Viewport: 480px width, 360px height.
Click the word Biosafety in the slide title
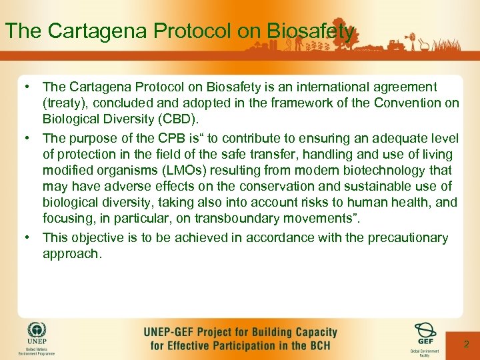pyautogui.click(x=310, y=31)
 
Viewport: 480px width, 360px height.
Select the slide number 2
pyautogui.click(x=467, y=344)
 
